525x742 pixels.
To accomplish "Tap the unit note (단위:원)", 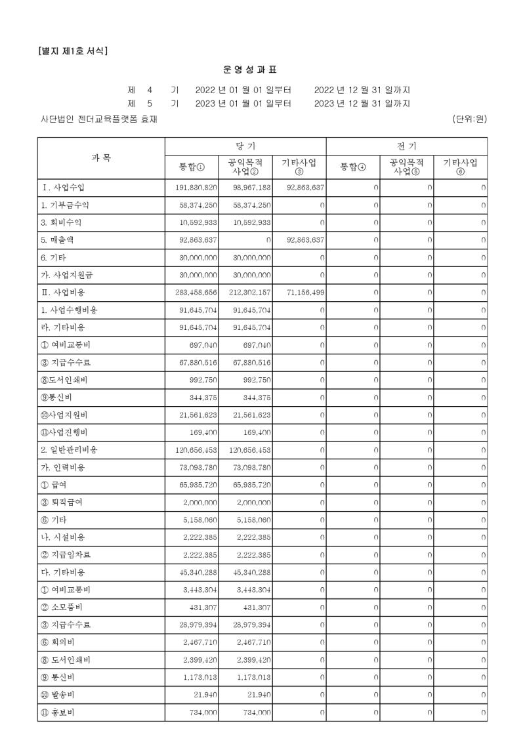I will coord(469,119).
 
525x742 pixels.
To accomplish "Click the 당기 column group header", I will coord(245,145).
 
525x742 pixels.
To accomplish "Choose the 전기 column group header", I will coord(406,145).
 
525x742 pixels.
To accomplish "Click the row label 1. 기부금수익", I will coord(62,205).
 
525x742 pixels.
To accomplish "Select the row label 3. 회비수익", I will coord(60,222).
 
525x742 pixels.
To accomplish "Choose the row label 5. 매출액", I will coord(57,240).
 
